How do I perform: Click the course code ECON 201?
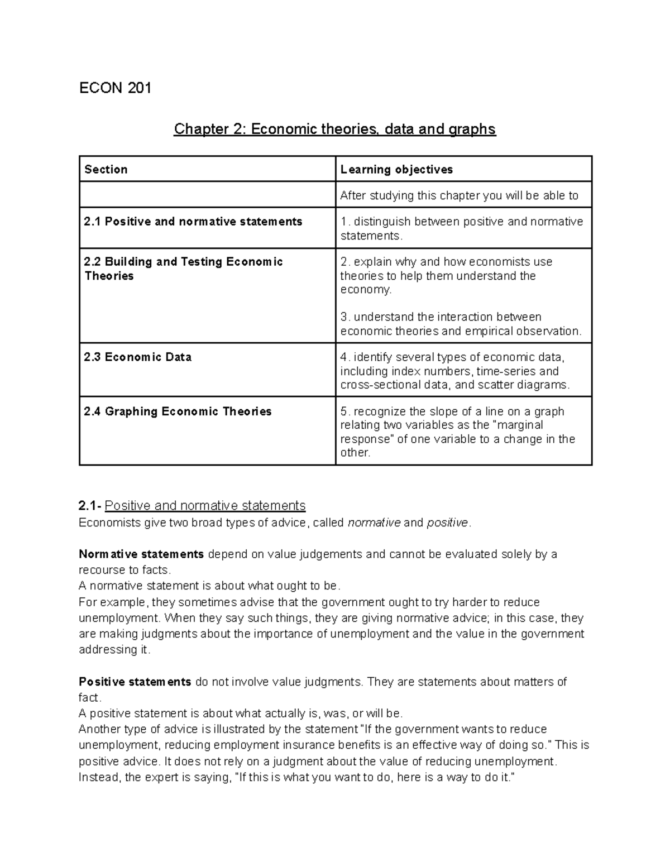tap(115, 88)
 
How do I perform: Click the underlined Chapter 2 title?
tap(334, 129)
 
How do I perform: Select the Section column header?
tap(106, 170)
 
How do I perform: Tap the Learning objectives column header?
tap(396, 170)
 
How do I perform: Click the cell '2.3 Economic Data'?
tap(138, 357)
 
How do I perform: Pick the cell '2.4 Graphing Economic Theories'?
tap(178, 412)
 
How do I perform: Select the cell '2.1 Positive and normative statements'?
tap(193, 222)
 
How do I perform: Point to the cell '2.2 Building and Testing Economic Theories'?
tap(183, 269)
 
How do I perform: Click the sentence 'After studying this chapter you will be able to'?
tap(459, 196)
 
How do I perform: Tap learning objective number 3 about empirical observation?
tap(461, 324)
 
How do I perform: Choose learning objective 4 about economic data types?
tap(455, 371)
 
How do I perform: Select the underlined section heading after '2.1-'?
tap(205, 506)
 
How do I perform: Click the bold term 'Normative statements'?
tap(141, 554)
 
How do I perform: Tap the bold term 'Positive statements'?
tap(135, 682)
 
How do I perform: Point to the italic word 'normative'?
tap(374, 523)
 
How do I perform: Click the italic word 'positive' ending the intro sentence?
tap(447, 523)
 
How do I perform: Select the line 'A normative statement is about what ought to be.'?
tap(209, 586)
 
